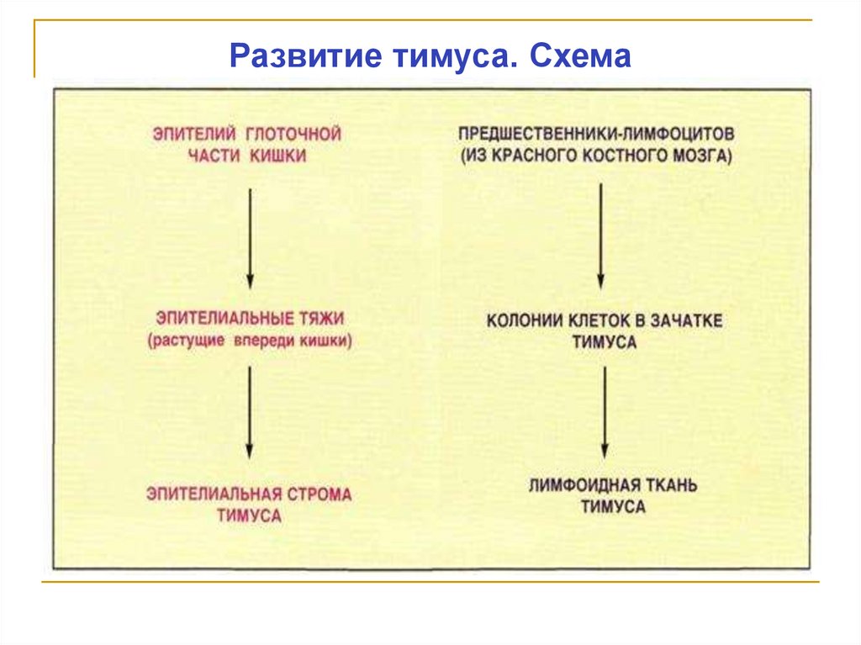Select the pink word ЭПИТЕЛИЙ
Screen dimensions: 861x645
coord(183,134)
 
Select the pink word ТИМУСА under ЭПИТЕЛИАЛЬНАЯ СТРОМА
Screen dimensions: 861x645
coord(249,516)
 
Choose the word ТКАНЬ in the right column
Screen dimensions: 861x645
coord(668,485)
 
